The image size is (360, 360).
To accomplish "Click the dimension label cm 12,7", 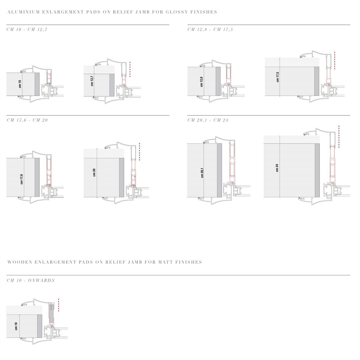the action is [92, 81].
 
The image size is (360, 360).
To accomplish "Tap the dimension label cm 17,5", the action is [277, 77].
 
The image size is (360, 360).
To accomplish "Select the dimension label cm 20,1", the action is [202, 173].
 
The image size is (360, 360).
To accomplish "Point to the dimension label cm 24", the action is [277, 168].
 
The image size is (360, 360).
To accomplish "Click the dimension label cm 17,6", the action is [22, 179].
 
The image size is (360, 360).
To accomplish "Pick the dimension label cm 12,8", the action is [201, 82].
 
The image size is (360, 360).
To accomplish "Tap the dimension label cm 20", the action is [94, 172].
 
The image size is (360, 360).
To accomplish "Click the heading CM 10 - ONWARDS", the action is [31, 280].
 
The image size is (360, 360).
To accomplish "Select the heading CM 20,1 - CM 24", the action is [208, 120].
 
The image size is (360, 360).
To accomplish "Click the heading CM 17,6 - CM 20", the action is [27, 120].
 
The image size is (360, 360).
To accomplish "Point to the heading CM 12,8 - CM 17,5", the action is [210, 29].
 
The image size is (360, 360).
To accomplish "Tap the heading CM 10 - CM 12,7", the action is [27, 29].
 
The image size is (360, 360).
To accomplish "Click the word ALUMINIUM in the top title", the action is [23, 12].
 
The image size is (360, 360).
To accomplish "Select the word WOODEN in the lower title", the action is [20, 262].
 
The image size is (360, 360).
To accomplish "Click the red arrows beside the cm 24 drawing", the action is [339, 136].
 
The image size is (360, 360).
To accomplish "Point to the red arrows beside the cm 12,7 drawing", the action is [130, 69].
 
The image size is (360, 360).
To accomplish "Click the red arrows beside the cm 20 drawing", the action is [140, 152].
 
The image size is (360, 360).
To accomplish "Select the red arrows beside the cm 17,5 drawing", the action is [334, 60].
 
